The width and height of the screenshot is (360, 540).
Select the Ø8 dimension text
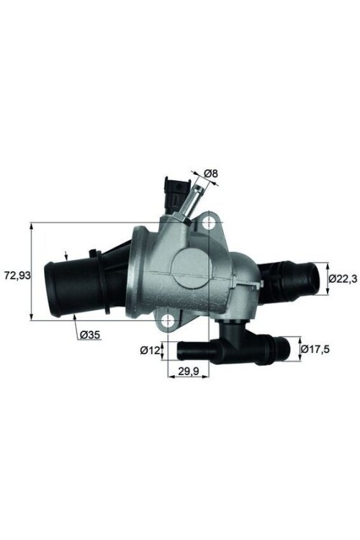211,174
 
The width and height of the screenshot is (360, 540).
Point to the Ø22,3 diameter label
343,278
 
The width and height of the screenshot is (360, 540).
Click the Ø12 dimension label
149,351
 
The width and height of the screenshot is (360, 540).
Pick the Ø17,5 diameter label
315,349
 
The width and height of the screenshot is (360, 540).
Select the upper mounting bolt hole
209,222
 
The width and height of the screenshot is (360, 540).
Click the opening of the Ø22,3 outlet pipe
314,277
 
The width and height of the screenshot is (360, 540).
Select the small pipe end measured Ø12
181,351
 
